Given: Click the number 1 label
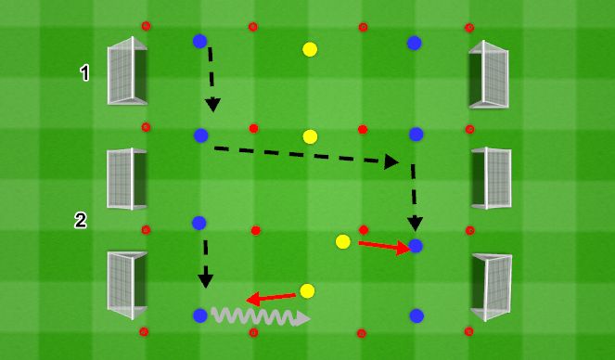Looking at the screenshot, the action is (x=85, y=71).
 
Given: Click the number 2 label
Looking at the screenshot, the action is (x=81, y=220).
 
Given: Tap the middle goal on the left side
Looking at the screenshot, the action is (x=126, y=177).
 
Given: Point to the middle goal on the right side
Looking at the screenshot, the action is (x=491, y=177).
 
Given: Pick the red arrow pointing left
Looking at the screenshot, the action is (x=272, y=297).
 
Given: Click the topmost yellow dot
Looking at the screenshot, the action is (x=310, y=48).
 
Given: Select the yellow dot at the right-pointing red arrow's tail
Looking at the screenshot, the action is (x=343, y=242).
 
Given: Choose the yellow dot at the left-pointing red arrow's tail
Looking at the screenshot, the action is (x=307, y=291).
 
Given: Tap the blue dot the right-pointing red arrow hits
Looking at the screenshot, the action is (x=416, y=246).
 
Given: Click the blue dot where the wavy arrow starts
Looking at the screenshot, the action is (x=199, y=315).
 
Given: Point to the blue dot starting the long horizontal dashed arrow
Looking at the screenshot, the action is (x=201, y=135).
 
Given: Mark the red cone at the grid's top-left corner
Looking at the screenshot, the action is (x=146, y=25).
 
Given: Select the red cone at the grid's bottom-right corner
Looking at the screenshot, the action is (x=468, y=330).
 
